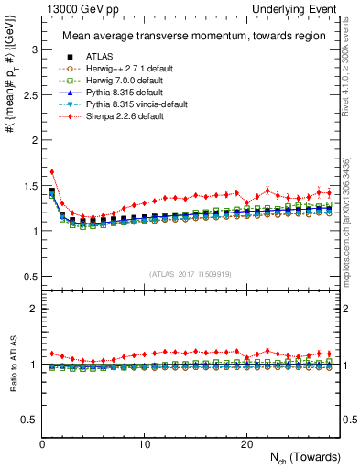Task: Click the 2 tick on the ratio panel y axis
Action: [34, 309]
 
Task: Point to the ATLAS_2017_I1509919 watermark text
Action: [190, 273]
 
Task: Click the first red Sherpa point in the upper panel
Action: [52, 171]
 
